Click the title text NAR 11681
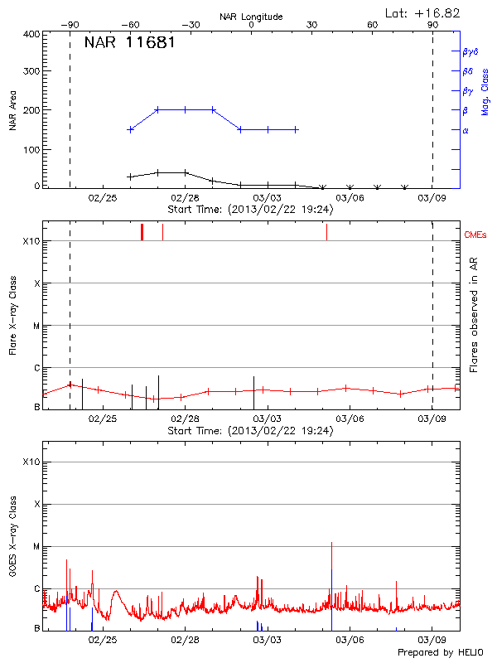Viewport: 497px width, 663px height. point(129,43)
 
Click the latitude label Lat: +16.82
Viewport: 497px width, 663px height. point(423,12)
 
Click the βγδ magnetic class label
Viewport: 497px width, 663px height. point(470,51)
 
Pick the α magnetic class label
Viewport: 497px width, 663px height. point(466,130)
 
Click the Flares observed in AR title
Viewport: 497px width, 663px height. point(474,315)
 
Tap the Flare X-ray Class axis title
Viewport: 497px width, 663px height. point(12,315)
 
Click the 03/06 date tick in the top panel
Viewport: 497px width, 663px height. point(350,199)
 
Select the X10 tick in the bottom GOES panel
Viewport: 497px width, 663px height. point(31,462)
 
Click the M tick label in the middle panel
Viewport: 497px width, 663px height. point(36,326)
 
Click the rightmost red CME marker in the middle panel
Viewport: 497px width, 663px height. point(326,232)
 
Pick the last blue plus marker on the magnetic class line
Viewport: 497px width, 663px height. point(296,129)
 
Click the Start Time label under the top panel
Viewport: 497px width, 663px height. point(250,210)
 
